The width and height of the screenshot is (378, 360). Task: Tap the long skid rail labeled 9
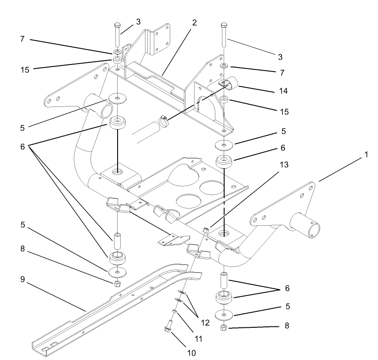111,305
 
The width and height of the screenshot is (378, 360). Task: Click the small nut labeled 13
205,230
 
